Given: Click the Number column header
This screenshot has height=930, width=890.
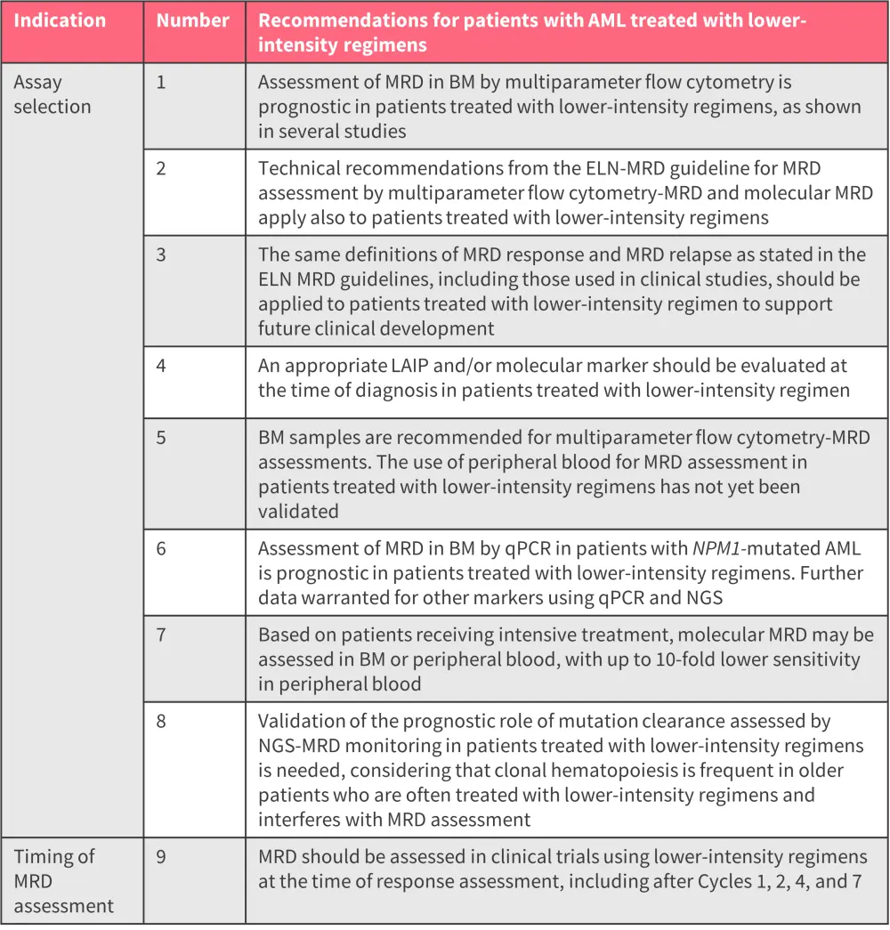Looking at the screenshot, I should pyautogui.click(x=192, y=20).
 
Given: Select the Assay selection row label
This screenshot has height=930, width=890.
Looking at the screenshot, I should pyautogui.click(x=53, y=94).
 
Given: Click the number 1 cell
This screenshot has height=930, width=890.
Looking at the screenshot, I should pyautogui.click(x=161, y=82).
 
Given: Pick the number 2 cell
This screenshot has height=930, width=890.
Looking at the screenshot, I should pyautogui.click(x=161, y=168).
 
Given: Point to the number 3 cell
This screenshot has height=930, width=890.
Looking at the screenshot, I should pyautogui.click(x=161, y=255).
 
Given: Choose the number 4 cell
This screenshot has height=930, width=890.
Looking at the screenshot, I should pyautogui.click(x=161, y=365).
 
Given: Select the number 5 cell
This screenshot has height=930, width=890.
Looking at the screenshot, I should pyautogui.click(x=161, y=438).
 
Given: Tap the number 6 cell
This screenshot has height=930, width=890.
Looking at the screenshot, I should pyautogui.click(x=161, y=548).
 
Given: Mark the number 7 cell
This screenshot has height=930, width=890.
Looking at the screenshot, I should pyautogui.click(x=161, y=635).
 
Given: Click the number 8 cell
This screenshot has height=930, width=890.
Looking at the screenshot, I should pyautogui.click(x=161, y=721).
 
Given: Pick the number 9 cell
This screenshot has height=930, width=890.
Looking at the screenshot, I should pyautogui.click(x=161, y=856).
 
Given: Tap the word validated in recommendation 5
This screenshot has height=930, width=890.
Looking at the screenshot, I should pyautogui.click(x=298, y=512).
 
